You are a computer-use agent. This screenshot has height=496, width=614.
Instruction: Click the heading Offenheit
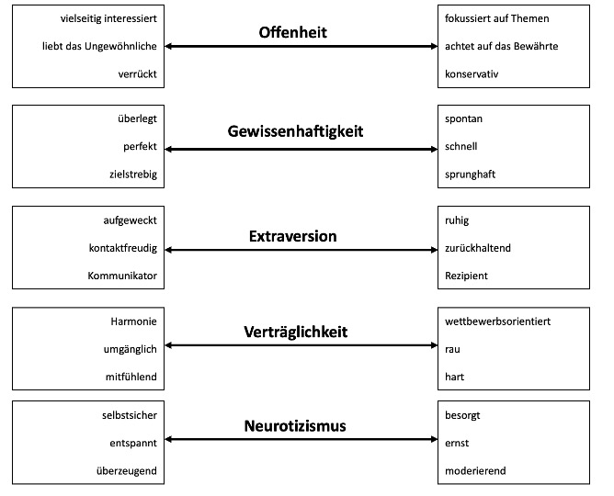[292, 32]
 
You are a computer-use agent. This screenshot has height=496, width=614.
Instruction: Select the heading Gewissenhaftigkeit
[295, 131]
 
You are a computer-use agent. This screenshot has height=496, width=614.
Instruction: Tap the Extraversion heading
[292, 236]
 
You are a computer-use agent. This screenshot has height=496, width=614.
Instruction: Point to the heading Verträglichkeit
[295, 332]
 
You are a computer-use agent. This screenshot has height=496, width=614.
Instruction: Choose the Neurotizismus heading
[295, 425]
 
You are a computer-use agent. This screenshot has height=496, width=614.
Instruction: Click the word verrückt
[138, 73]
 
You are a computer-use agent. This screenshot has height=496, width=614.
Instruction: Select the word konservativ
[472, 73]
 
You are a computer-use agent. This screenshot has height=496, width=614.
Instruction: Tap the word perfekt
[140, 147]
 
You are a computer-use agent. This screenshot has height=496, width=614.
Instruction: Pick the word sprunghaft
[470, 175]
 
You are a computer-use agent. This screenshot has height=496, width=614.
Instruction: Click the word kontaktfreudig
[123, 248]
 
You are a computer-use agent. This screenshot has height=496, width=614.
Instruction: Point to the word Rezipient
[466, 276]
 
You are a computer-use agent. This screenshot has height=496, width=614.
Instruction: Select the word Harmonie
[133, 321]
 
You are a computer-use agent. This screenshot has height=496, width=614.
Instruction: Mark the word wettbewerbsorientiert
[497, 321]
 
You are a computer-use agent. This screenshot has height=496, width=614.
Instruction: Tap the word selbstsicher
[130, 415]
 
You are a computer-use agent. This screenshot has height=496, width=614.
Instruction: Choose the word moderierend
[475, 470]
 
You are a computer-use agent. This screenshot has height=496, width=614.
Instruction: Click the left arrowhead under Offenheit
[168, 46]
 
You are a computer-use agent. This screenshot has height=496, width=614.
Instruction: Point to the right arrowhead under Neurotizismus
[434, 439]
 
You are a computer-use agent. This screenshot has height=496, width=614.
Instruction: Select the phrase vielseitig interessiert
[108, 18]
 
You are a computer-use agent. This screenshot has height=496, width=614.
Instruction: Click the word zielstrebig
[133, 175]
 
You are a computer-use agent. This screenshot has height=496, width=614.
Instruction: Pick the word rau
[452, 349]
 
